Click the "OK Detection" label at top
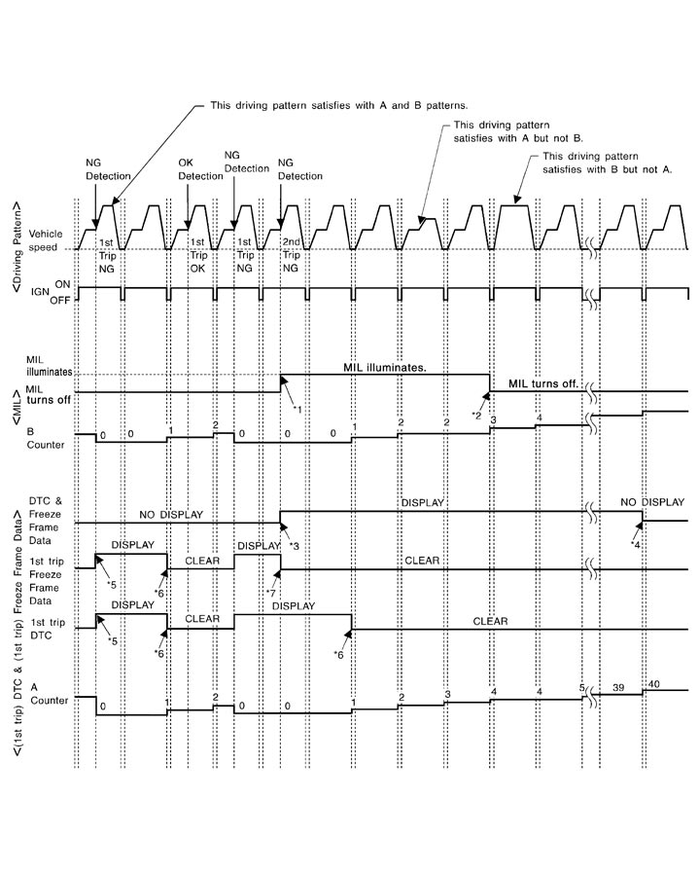pyautogui.click(x=200, y=168)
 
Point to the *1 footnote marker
pyautogui.click(x=299, y=409)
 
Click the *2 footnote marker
pyautogui.click(x=476, y=415)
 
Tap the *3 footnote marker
pyautogui.click(x=295, y=546)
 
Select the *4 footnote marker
pyautogui.click(x=636, y=544)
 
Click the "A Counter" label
pyautogui.click(x=44, y=693)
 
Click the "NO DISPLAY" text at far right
pyautogui.click(x=652, y=503)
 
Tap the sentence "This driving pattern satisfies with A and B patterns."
pyautogui.click(x=339, y=105)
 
